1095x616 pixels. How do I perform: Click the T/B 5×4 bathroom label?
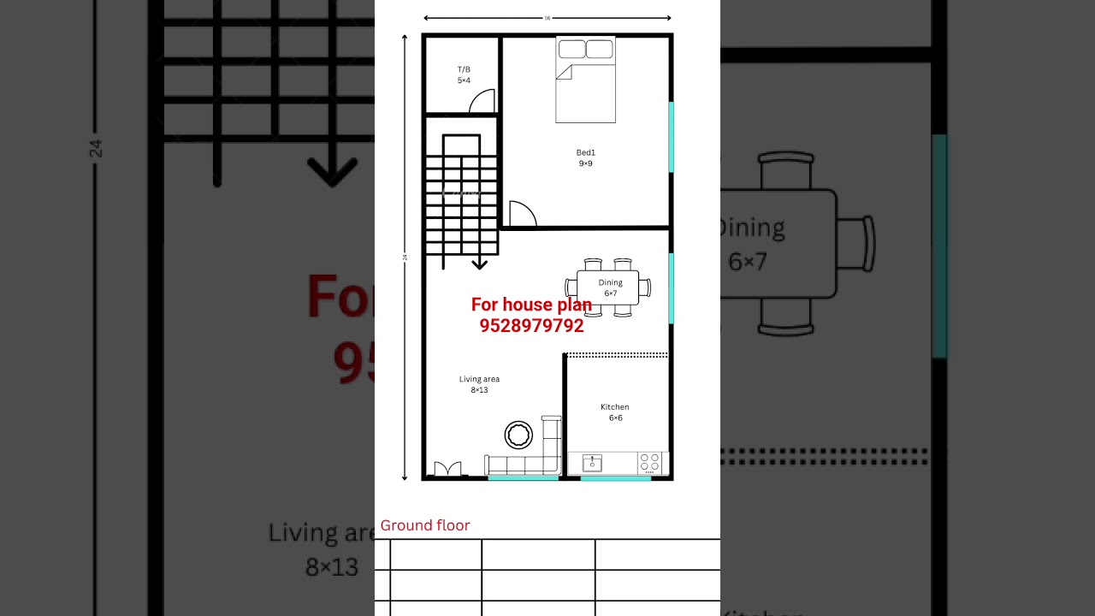point(464,75)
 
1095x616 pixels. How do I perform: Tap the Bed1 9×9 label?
point(585,158)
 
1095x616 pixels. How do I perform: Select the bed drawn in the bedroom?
point(585,80)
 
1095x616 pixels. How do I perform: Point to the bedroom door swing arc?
point(522,215)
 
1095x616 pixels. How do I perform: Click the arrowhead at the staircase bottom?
point(480,264)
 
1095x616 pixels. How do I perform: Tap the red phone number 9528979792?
point(531,326)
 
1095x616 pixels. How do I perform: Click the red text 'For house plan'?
point(531,305)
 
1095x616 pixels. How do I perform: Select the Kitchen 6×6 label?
point(615,412)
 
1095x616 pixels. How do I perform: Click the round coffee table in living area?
point(518,435)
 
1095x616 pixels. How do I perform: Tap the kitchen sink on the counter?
point(592,463)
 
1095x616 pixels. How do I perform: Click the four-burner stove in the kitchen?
point(650,463)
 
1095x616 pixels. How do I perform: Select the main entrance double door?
point(447,469)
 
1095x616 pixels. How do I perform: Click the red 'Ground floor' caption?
point(425,525)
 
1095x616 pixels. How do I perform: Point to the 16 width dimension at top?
point(547,18)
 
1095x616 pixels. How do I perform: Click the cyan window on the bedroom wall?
point(672,137)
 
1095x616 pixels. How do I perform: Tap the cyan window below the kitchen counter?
point(615,478)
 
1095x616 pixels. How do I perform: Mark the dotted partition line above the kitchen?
point(617,354)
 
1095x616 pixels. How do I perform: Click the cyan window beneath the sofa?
point(523,478)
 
